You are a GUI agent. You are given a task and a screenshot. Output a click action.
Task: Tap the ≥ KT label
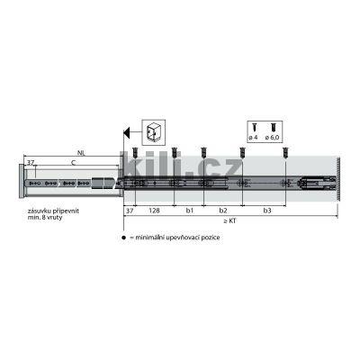(231, 220)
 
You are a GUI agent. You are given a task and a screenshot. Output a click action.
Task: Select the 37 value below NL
(31, 163)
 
